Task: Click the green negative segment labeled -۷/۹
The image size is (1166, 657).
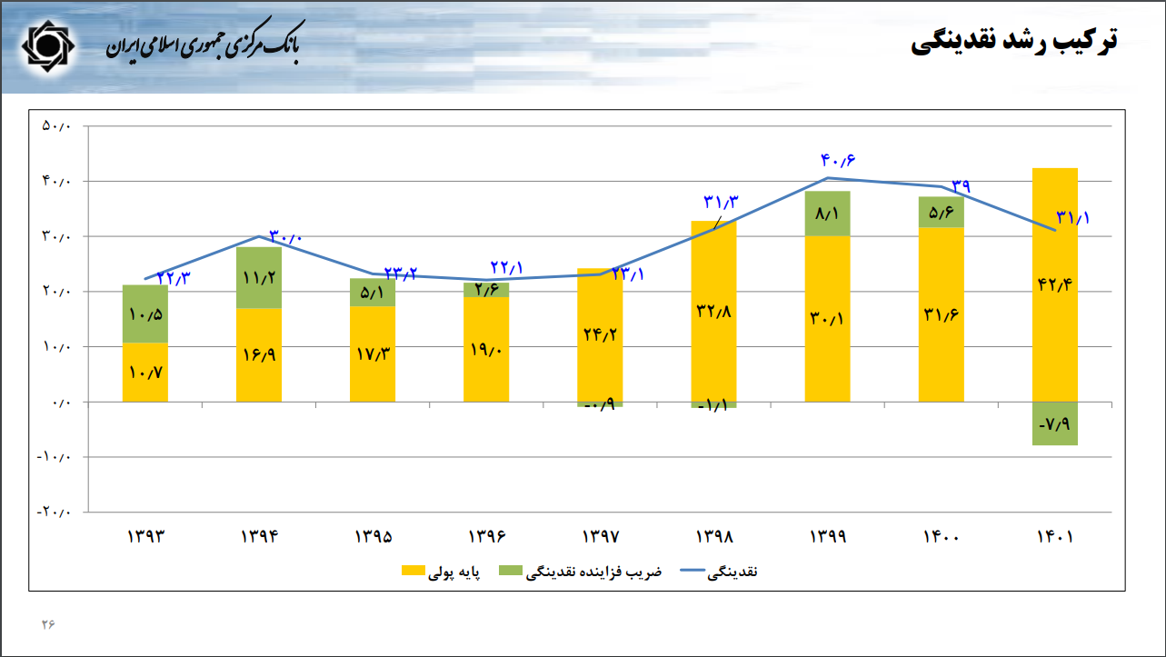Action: [x=1055, y=423]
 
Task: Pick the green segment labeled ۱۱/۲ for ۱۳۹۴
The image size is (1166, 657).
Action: [x=259, y=278]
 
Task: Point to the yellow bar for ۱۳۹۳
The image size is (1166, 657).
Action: [x=145, y=373]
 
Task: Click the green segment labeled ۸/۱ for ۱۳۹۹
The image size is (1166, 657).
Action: [x=828, y=214]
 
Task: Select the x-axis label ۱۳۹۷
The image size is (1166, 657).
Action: [x=600, y=536]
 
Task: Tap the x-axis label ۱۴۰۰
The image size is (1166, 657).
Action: [x=941, y=536]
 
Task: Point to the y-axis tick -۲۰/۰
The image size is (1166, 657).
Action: [x=54, y=512]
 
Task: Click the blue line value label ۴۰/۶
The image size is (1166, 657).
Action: [x=838, y=161]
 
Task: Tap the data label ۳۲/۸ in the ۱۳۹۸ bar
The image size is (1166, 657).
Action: [x=713, y=311]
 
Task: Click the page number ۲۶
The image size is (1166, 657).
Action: [x=47, y=624]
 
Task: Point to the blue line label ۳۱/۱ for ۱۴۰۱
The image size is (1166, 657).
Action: [x=1072, y=218]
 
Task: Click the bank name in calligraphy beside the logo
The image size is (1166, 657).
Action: [x=202, y=45]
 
